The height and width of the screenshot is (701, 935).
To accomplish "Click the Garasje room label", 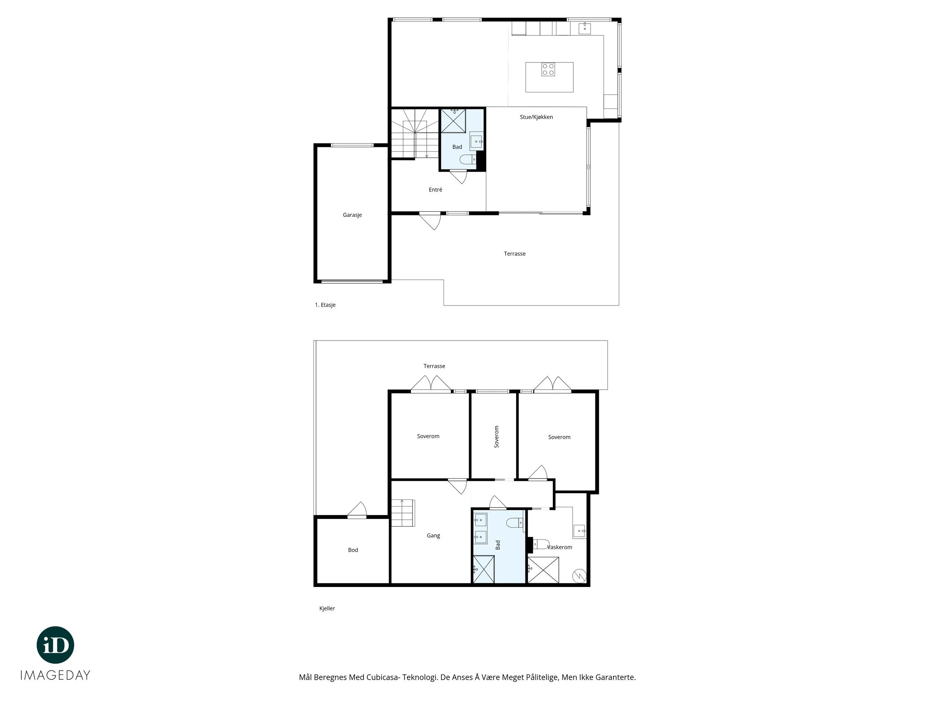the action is tap(352, 215).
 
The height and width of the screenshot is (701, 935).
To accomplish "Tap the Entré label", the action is tap(435, 190).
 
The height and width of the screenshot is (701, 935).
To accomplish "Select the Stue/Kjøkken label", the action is tap(536, 117).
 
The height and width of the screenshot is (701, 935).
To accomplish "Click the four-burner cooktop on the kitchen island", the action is tap(548, 69).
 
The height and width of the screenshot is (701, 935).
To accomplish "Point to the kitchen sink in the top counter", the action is tap(585, 28).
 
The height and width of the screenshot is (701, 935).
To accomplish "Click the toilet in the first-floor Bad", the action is tap(467, 159).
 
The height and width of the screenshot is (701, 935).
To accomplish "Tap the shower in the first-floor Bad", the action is tap(453, 121).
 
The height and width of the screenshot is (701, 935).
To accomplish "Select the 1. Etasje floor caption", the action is tap(325, 305).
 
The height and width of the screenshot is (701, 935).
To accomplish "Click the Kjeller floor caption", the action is tap(327, 608).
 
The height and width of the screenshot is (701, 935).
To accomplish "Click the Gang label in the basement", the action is tap(433, 535).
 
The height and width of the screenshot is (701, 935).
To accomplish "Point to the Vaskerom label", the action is tap(560, 547).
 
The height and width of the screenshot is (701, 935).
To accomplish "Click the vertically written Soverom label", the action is tap(497, 436).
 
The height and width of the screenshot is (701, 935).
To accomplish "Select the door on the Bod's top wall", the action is tap(357, 510).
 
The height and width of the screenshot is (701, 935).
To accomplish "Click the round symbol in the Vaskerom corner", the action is tap(579, 575).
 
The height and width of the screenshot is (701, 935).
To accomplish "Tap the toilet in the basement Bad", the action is tap(515, 523).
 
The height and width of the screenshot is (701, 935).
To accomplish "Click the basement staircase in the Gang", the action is tap(403, 513).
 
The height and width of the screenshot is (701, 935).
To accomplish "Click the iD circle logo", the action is tap(55, 645).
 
